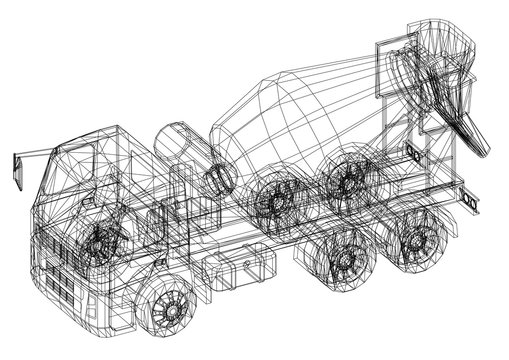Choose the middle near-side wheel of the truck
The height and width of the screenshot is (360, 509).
pyautogui.click(x=346, y=259)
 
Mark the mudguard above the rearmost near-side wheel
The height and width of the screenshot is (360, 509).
pyautogui.click(x=425, y=215)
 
